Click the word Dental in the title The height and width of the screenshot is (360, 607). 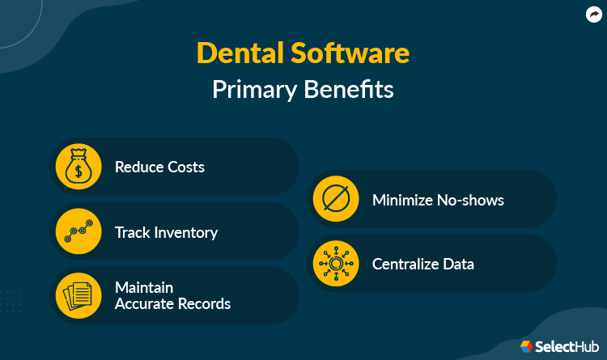[x=240, y=54]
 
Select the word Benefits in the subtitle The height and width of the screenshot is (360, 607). [x=348, y=90]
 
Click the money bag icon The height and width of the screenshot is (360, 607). [x=78, y=167]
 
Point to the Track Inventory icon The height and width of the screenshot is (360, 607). [x=78, y=232]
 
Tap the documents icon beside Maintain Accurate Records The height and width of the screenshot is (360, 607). [x=78, y=295]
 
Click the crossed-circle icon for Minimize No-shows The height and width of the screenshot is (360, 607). [x=335, y=199]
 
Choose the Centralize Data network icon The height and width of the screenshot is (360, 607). [x=335, y=264]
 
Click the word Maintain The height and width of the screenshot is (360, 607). [x=145, y=288]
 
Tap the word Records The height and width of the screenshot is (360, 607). [x=205, y=304]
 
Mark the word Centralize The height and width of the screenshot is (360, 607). [x=406, y=265]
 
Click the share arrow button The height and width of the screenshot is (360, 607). [x=592, y=14]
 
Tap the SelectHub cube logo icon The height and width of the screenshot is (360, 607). [x=526, y=346]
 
